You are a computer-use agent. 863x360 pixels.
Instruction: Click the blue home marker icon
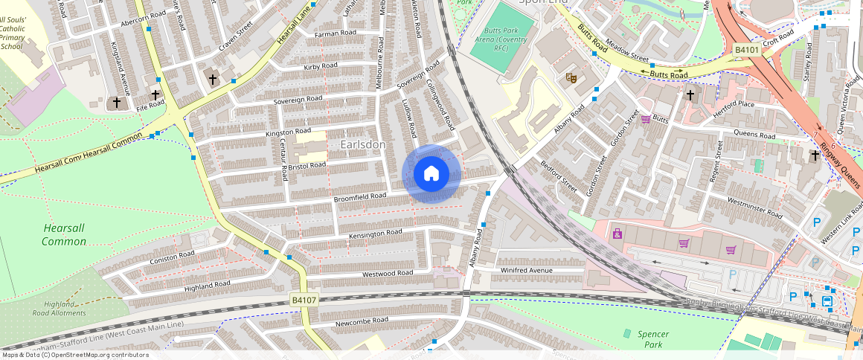431,174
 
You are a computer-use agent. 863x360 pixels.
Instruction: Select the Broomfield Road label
360,196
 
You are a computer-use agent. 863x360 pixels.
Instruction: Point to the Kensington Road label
375,234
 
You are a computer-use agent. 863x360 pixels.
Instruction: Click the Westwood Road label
387,274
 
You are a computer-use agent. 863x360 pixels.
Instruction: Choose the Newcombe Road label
362,321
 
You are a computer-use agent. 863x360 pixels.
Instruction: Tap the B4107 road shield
304,300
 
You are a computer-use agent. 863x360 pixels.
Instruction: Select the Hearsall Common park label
64,235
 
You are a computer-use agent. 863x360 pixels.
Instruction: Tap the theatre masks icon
571,77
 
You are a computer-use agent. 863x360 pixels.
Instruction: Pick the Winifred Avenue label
527,270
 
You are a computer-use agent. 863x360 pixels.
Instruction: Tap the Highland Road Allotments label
64,309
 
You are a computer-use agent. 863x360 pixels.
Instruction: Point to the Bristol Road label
308,165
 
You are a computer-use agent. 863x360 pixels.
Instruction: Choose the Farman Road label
335,34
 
